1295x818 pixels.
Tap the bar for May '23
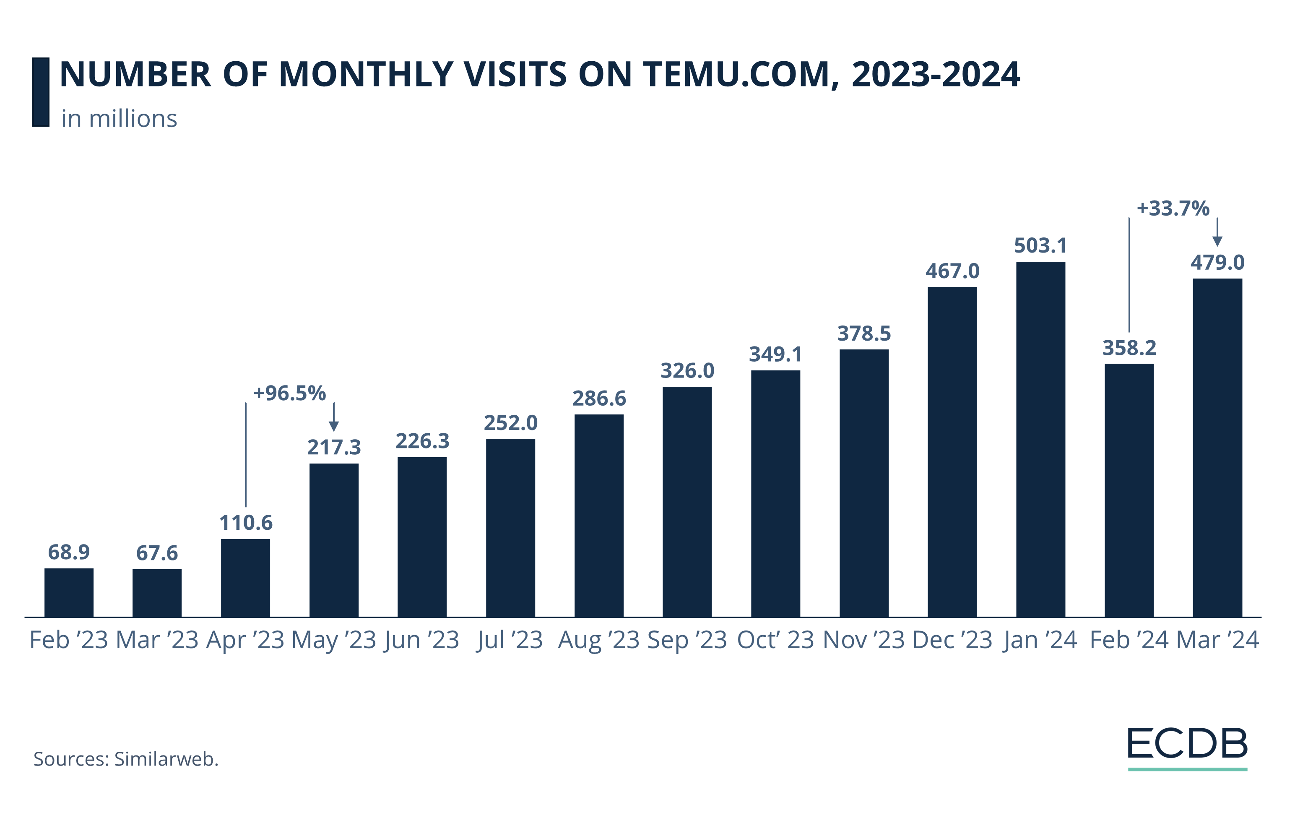tap(334, 540)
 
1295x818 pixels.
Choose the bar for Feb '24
tap(1129, 490)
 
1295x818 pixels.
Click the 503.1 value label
tap(1040, 246)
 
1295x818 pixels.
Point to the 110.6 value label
tap(246, 522)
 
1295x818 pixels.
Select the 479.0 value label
tap(1217, 263)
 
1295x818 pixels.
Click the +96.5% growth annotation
tap(289, 393)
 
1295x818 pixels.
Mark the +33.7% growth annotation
tap(1173, 208)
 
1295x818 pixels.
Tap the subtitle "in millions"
tap(119, 119)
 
